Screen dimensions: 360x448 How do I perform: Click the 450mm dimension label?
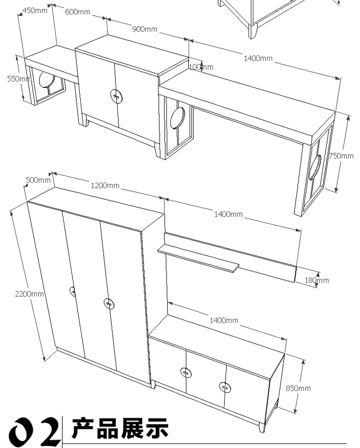point(35,11)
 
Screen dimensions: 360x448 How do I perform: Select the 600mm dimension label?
point(77,12)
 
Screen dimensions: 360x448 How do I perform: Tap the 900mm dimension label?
point(144,29)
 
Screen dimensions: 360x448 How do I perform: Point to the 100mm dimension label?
point(201,67)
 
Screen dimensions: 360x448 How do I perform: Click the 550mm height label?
point(19,79)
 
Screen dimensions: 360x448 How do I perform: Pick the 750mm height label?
point(341,156)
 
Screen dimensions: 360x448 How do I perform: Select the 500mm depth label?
point(38,180)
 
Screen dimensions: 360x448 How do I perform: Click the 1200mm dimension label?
point(105,186)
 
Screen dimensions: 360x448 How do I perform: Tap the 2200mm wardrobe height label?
point(29,294)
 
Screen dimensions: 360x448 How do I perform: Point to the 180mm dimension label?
point(317,280)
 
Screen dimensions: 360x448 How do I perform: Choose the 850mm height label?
point(298,388)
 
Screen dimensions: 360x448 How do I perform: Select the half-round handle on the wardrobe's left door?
point(72,292)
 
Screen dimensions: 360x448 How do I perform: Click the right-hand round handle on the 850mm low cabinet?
point(225,387)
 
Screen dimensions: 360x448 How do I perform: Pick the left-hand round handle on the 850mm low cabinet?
point(186,373)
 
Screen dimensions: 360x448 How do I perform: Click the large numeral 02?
point(34,431)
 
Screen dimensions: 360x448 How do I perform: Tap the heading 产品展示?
point(120,428)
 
